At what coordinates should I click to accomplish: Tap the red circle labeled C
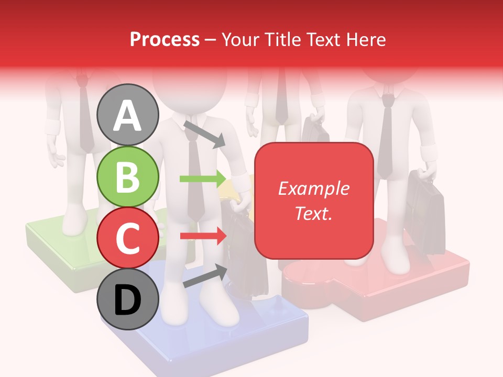[x=128, y=238]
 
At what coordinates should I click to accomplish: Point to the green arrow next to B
[x=202, y=179]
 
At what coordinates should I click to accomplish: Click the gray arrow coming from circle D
[x=205, y=276]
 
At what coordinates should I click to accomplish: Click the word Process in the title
[x=165, y=39]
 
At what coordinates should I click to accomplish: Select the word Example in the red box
[x=313, y=188]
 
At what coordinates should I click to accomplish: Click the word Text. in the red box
[x=313, y=213]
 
